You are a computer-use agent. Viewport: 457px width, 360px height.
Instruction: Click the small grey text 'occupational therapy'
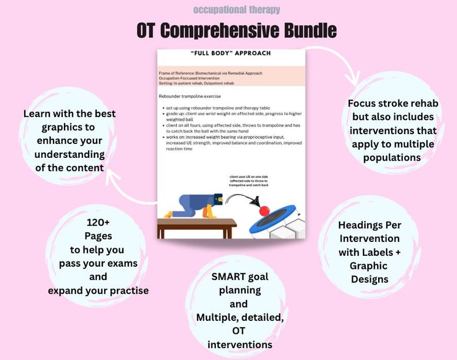(237, 10)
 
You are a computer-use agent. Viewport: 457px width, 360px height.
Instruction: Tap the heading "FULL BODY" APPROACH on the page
(230, 54)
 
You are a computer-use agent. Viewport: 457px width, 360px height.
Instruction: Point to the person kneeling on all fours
(193, 204)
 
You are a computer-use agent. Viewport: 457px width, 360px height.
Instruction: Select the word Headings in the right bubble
(368, 225)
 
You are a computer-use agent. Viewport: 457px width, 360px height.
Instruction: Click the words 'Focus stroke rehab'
(394, 103)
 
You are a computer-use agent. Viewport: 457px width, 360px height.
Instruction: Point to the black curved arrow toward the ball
(242, 199)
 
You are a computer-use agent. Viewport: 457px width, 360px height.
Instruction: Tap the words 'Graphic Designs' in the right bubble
(368, 272)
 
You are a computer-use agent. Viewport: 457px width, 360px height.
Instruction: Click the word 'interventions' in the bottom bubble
(239, 344)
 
